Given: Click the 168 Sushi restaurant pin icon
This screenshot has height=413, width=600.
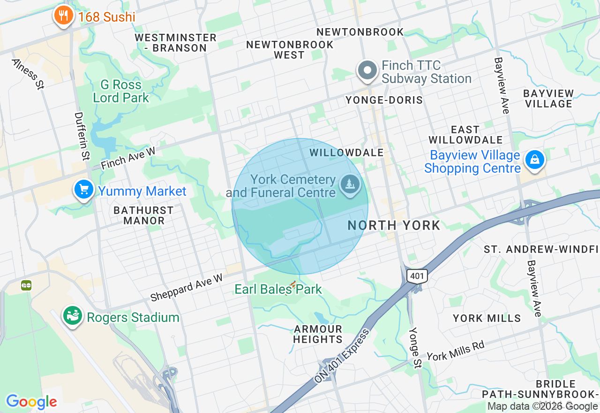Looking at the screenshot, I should (62, 16).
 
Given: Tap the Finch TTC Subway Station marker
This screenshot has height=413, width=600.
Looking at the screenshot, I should (368, 71).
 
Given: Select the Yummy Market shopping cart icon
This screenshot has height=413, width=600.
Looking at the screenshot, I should (84, 190).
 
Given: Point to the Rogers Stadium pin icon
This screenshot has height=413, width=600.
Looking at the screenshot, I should (73, 316).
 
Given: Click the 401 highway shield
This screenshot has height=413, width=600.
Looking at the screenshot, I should (417, 275).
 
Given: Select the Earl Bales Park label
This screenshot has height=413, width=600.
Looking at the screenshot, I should (278, 289).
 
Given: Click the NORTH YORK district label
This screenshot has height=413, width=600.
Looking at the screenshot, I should (394, 225).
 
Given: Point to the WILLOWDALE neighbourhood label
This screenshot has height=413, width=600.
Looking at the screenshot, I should (346, 153).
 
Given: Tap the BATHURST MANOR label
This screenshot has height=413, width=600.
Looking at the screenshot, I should (143, 215).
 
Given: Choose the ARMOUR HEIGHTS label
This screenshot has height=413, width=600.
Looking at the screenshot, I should (318, 334).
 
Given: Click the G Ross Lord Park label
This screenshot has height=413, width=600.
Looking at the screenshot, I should (120, 91).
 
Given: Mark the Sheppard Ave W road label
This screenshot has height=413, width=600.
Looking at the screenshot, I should (186, 288).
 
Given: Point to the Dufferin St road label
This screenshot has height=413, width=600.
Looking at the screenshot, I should (82, 136).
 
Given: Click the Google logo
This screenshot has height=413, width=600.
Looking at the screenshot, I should (31, 402).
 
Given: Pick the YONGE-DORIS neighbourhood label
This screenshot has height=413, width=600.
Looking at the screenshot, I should (384, 100).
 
